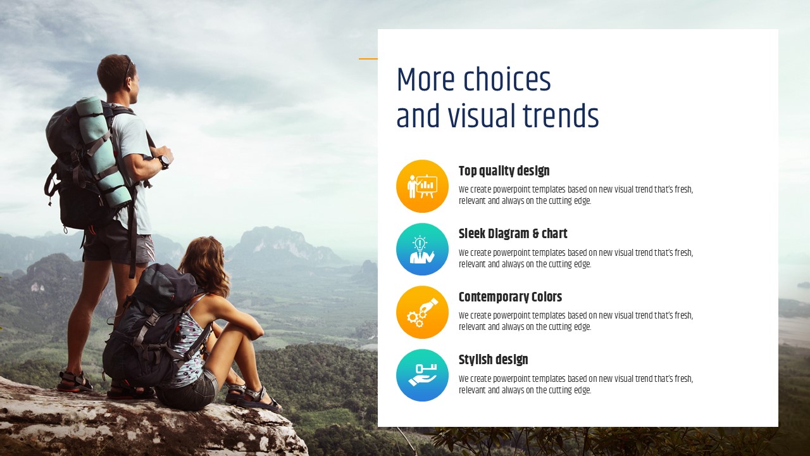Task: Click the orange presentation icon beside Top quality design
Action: click(x=422, y=186)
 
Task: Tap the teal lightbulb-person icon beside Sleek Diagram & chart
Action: click(x=422, y=249)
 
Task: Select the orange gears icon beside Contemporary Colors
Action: click(x=422, y=312)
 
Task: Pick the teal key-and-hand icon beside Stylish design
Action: click(x=422, y=375)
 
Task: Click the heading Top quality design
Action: click(x=504, y=171)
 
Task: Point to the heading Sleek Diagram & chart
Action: click(x=513, y=234)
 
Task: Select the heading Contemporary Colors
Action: click(x=510, y=297)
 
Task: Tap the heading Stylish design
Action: click(x=493, y=360)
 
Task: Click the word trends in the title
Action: click(x=561, y=115)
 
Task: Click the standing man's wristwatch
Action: click(x=164, y=161)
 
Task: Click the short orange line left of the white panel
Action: click(x=368, y=59)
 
